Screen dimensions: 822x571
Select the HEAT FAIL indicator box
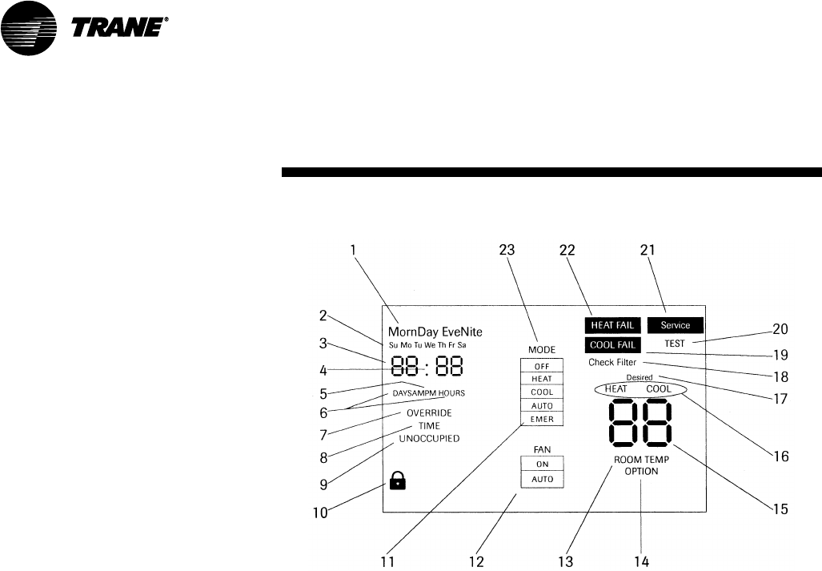pos(611,325)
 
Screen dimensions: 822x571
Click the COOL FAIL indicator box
pos(611,345)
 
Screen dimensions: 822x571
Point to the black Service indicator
pos(675,325)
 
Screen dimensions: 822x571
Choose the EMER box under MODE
pos(542,419)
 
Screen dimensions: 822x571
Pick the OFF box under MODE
pos(542,365)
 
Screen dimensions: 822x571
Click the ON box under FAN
pos(542,464)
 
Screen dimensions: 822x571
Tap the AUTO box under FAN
pos(542,480)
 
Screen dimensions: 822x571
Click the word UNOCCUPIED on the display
pos(429,439)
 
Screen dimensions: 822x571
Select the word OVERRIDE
pos(429,412)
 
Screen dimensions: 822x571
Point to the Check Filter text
pos(612,363)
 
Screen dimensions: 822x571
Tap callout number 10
pos(320,513)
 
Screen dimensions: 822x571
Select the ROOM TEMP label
pos(641,460)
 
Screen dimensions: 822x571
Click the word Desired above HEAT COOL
pos(640,377)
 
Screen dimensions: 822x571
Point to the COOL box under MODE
pos(542,392)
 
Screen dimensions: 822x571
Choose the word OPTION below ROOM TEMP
pos(641,472)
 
